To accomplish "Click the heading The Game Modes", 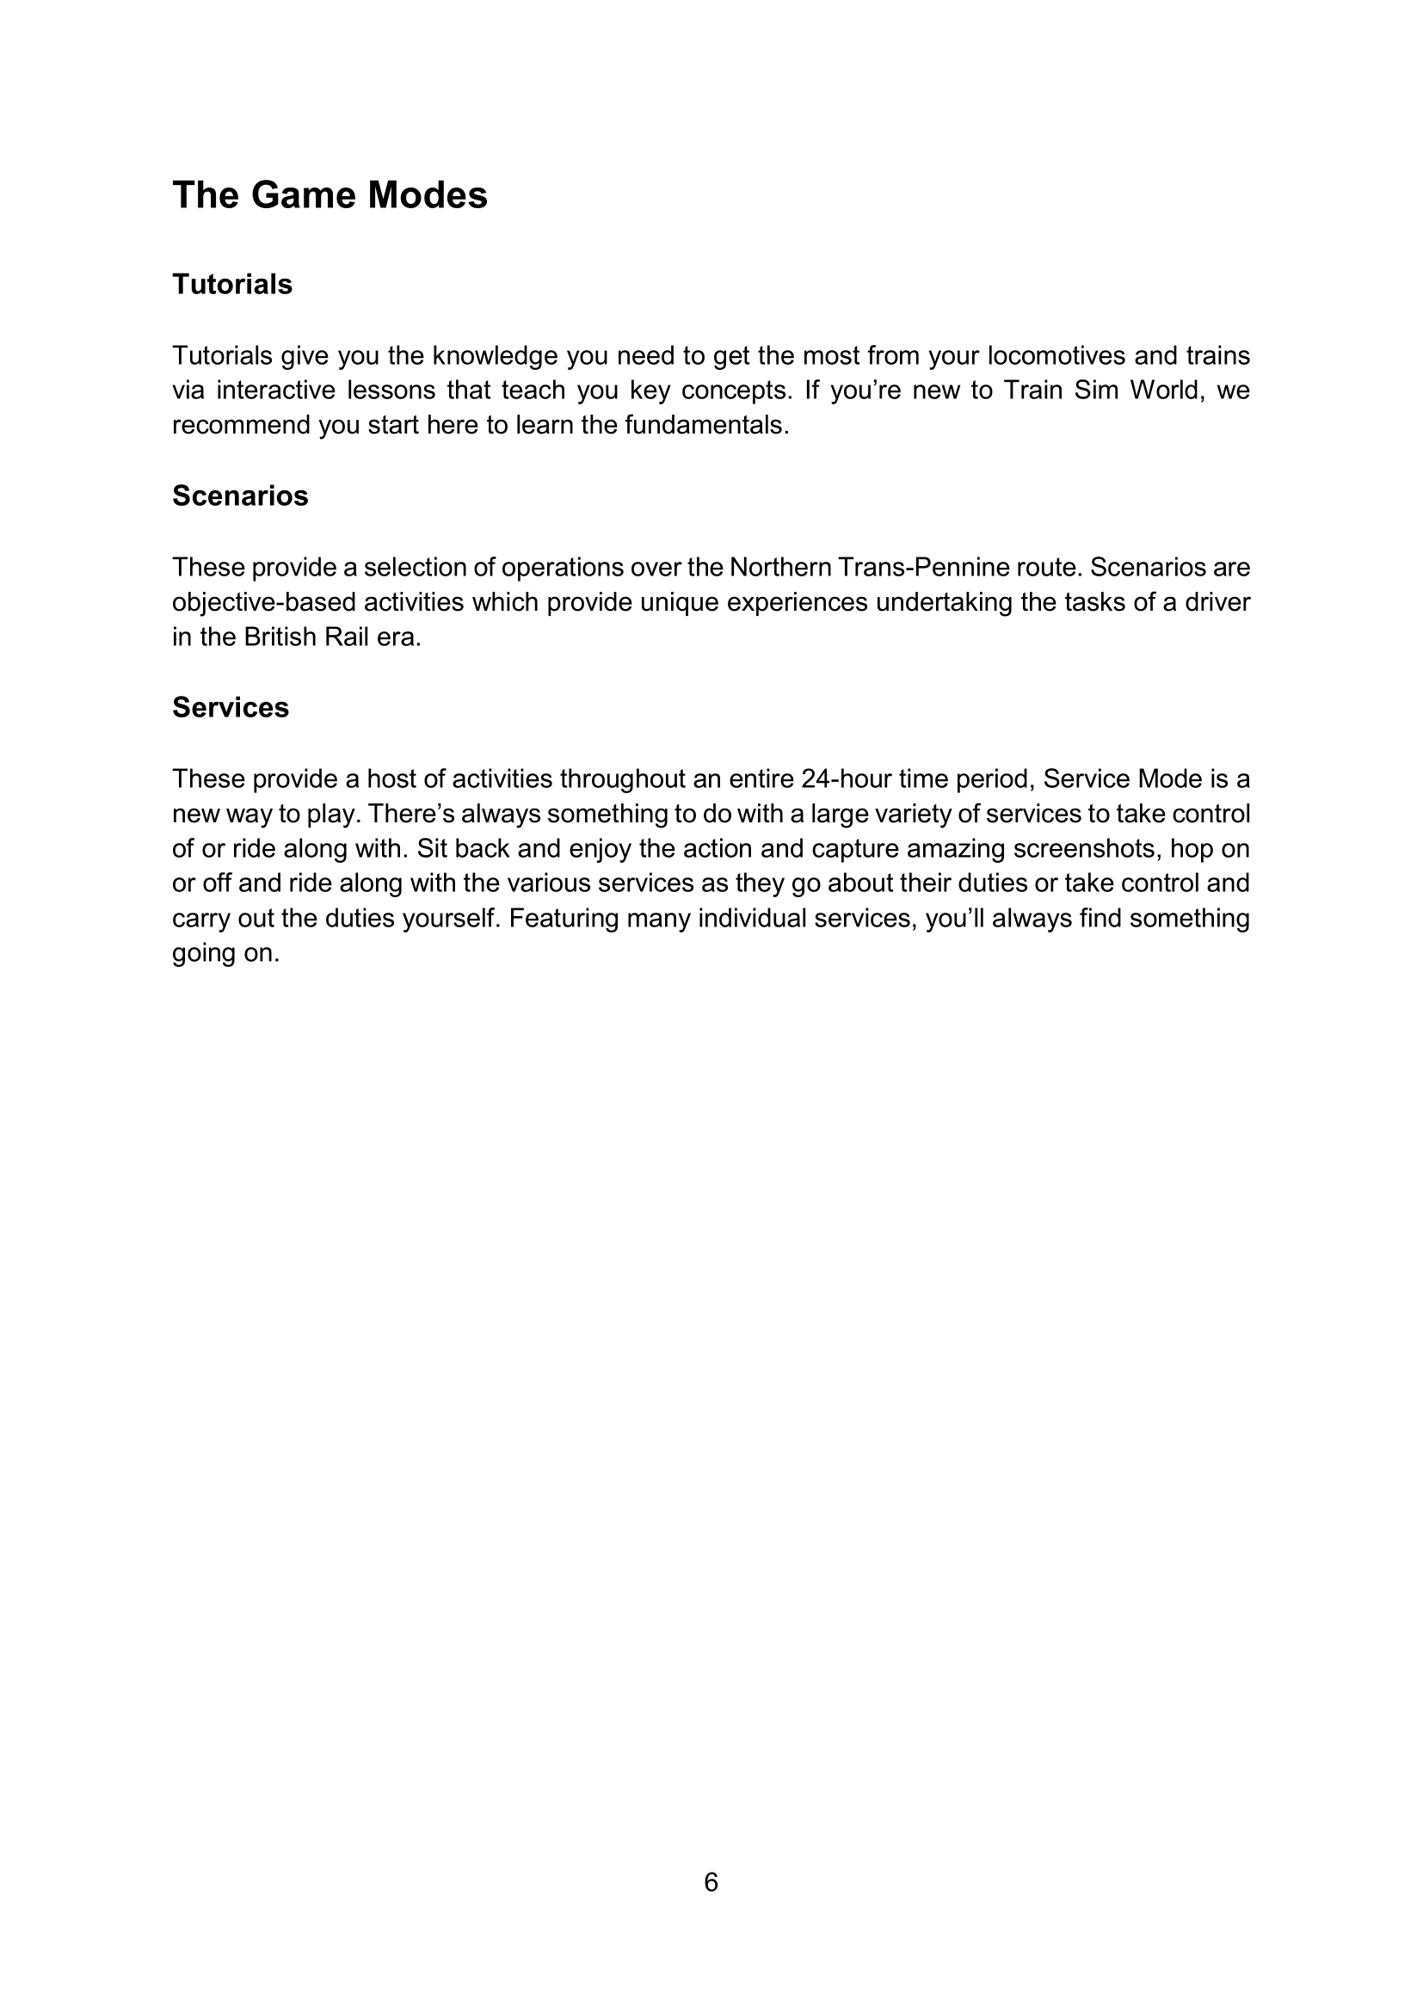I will [330, 194].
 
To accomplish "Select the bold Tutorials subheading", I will [232, 285].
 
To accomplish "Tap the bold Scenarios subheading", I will [240, 496].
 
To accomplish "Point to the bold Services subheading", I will [231, 707].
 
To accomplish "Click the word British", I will [279, 637].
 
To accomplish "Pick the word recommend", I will [241, 425].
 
